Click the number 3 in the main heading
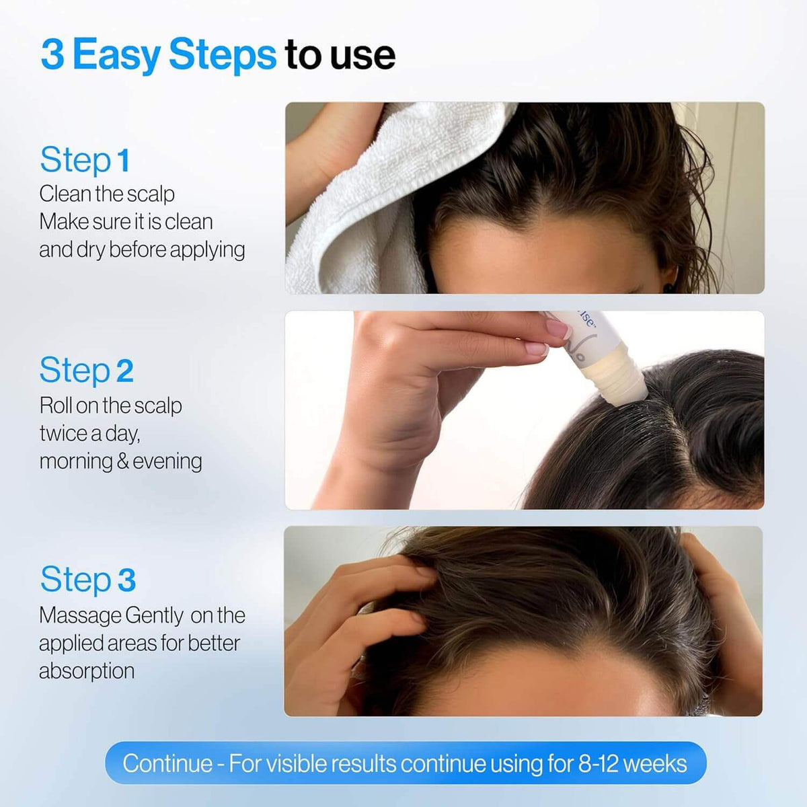coord(52,54)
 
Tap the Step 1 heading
coord(85,160)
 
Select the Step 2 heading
coord(86,371)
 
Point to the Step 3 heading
coord(87,580)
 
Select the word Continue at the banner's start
coord(167,763)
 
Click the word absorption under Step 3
coord(87,671)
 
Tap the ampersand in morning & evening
coord(122,461)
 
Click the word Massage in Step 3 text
coord(79,615)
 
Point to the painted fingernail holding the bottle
coord(558,329)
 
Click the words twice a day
coord(89,434)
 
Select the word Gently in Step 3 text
coord(154,615)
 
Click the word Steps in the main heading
coord(222,56)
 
